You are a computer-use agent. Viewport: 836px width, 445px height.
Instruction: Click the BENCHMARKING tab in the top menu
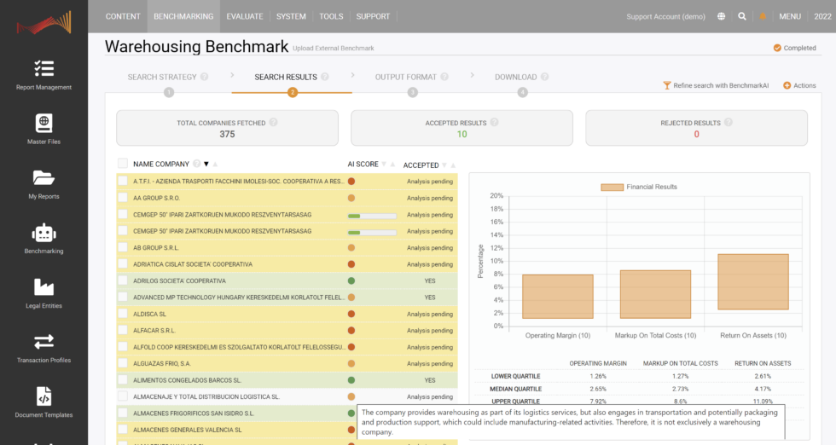point(184,16)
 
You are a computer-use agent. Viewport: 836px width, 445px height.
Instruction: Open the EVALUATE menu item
point(245,16)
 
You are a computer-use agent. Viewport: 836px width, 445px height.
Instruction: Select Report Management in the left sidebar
point(44,75)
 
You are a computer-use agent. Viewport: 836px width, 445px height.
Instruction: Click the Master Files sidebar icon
point(44,130)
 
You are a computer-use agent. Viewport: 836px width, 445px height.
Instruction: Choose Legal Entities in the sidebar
point(44,293)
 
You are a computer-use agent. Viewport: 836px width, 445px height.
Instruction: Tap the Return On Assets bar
point(740,281)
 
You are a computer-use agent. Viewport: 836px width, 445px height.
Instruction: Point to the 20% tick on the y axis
point(496,195)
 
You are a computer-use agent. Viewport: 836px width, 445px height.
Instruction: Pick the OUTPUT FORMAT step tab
point(407,78)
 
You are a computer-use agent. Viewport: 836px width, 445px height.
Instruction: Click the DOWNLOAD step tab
point(516,78)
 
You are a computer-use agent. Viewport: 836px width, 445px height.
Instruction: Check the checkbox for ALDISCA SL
point(123,314)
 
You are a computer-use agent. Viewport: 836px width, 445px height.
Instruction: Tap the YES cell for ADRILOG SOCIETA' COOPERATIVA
point(430,280)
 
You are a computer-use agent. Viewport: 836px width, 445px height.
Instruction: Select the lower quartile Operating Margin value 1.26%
point(598,376)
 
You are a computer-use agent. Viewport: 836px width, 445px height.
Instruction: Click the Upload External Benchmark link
point(333,49)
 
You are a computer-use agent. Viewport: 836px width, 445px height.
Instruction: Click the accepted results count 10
point(462,134)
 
